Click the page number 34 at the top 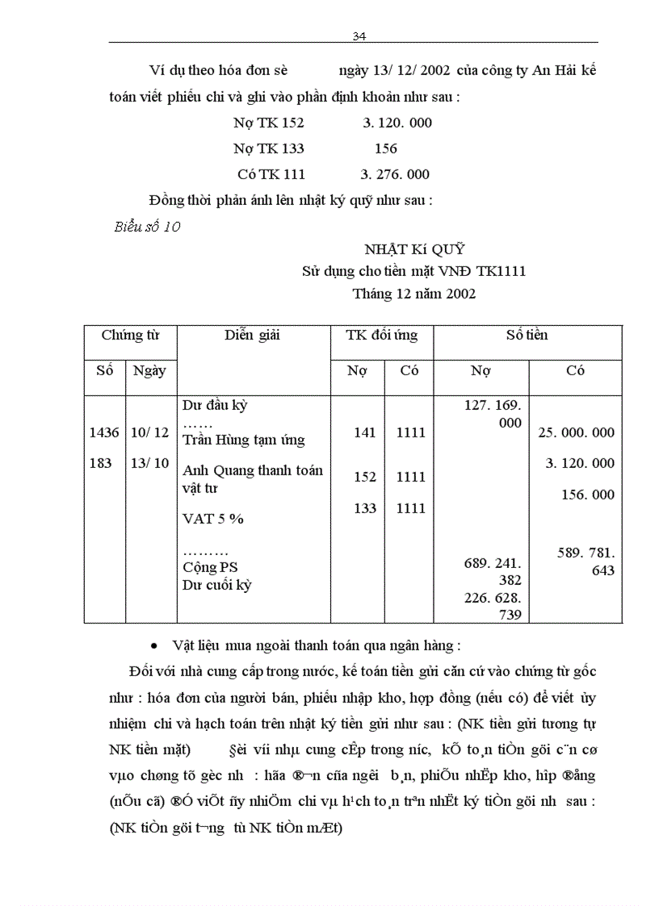coord(360,36)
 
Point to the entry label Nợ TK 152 coord(269,123)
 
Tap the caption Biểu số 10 coord(147,227)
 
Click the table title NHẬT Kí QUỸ coord(414,249)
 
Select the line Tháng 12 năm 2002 coord(413,294)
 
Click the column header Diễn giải coord(252,336)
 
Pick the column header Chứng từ coord(130,335)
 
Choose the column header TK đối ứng coord(381,336)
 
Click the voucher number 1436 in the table coord(104,432)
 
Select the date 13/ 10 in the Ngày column coord(149,463)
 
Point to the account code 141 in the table coord(365,433)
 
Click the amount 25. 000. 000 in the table coord(576,432)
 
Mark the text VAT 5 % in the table coord(213,519)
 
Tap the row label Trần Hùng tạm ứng coord(243,440)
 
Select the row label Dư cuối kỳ coord(216,585)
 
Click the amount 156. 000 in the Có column coord(587,495)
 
